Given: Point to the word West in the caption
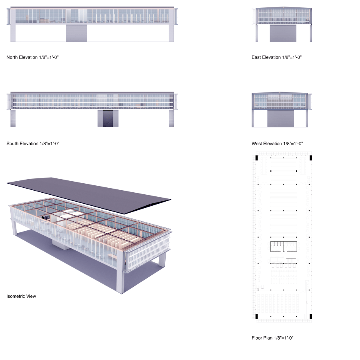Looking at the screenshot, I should pos(258,144).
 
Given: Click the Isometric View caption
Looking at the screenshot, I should pos(21,296).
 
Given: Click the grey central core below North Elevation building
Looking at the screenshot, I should pos(76,33).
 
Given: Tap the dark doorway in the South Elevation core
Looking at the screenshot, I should pos(108,119).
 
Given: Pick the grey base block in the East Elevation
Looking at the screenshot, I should pos(283,33).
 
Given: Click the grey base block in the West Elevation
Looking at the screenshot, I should pos(280,119).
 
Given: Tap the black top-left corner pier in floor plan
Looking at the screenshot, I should pos(256,157).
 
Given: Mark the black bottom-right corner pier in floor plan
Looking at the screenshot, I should pos(310,316).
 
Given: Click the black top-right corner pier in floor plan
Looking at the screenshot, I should pos(310,157).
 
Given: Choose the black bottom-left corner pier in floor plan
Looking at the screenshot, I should pos(256,316).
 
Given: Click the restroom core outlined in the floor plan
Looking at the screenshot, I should pos(283,246).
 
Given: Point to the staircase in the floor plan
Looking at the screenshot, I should pos(291,261).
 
